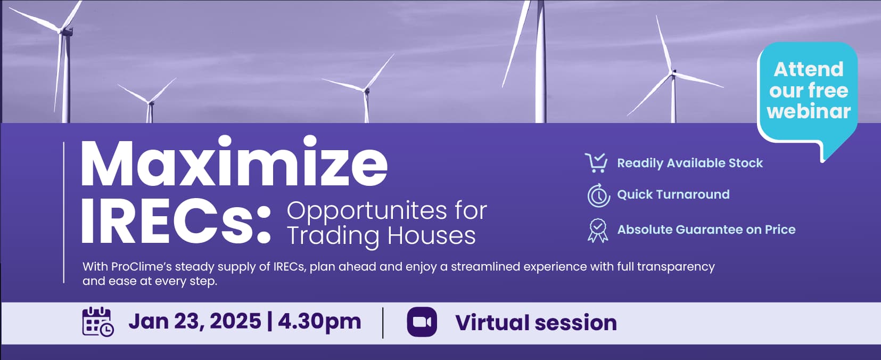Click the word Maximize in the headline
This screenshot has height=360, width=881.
tap(234, 161)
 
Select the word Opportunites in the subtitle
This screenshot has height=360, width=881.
tap(367, 211)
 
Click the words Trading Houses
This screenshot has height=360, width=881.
tap(381, 236)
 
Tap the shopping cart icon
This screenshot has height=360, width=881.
tap(596, 163)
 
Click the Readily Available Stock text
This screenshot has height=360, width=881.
tap(690, 163)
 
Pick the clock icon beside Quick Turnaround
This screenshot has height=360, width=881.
tap(599, 195)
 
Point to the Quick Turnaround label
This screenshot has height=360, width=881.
tap(673, 194)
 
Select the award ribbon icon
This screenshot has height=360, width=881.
tap(598, 230)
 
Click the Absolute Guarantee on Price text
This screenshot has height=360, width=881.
tap(706, 230)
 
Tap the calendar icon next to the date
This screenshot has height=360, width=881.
tap(98, 322)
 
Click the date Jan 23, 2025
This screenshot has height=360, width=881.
tap(195, 321)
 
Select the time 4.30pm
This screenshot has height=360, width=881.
tap(319, 322)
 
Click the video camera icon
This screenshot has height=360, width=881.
tap(422, 322)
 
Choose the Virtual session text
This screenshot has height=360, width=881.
tap(536, 323)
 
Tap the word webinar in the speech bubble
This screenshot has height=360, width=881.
tap(809, 111)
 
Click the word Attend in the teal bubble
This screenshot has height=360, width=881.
tap(809, 70)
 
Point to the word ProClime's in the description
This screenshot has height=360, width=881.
tap(142, 267)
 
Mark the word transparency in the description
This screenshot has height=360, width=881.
tap(676, 267)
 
